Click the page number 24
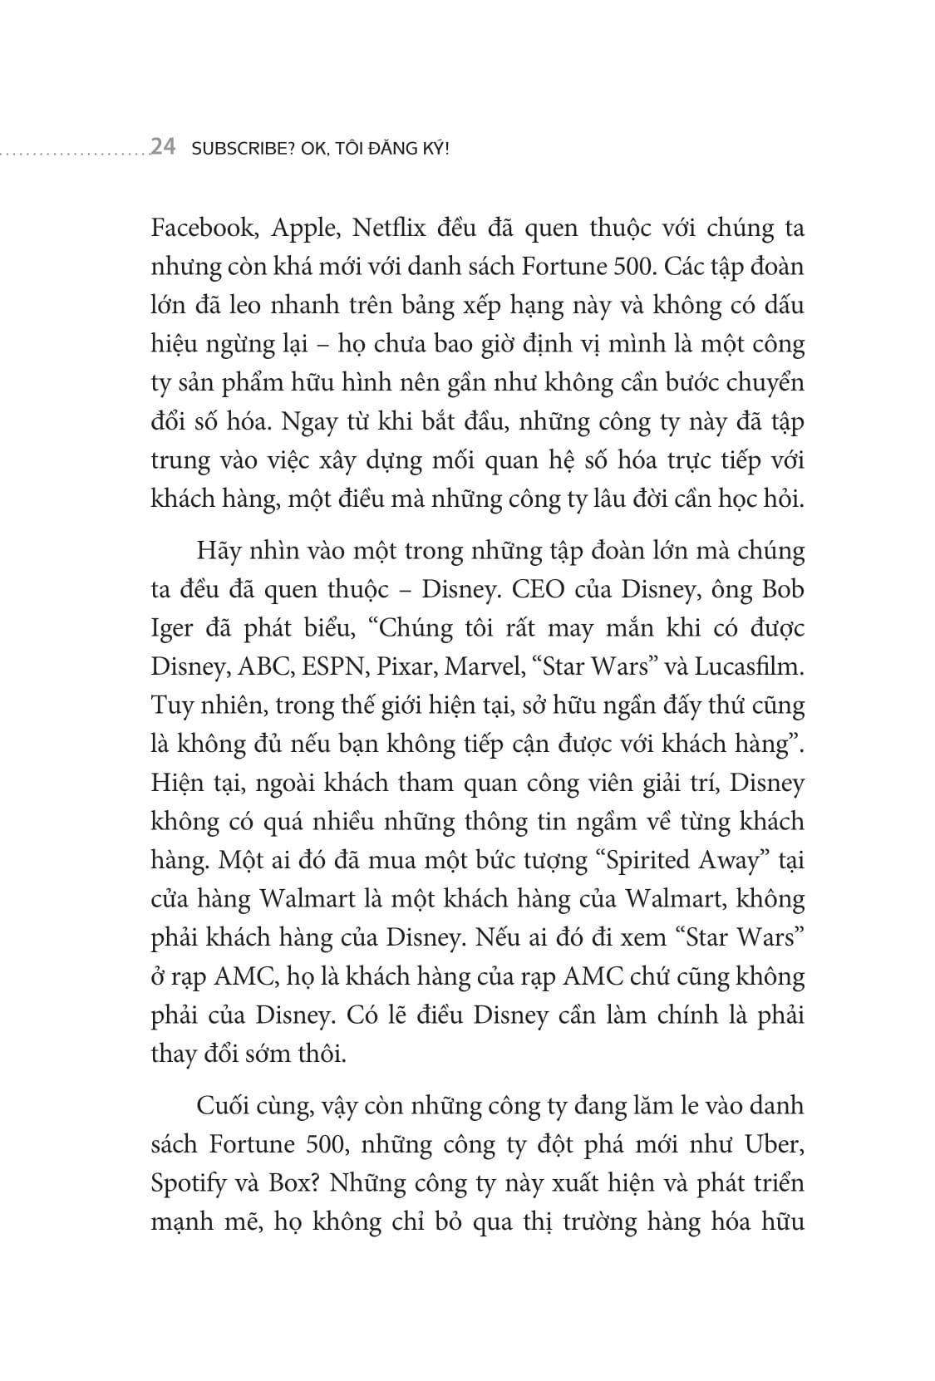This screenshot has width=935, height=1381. pyautogui.click(x=162, y=148)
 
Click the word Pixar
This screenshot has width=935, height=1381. pyautogui.click(x=391, y=667)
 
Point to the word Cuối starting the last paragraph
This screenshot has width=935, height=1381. pyautogui.click(x=222, y=1107)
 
